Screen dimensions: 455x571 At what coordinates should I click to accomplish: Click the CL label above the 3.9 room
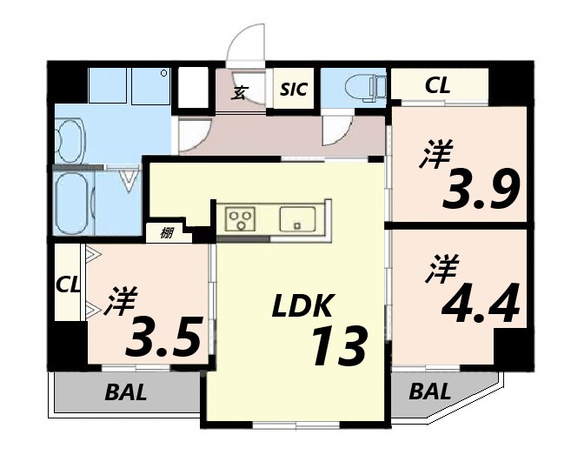437,85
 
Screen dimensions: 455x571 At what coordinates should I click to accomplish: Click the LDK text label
302,305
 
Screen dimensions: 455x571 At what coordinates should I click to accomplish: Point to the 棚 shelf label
166,232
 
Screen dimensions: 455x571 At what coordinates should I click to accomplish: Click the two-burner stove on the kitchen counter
240,217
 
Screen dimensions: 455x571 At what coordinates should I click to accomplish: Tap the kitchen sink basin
299,217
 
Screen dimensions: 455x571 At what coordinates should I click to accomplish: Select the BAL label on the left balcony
127,391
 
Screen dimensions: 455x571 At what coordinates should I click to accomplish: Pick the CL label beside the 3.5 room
68,284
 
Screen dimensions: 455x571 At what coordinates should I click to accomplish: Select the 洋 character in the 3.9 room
438,157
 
